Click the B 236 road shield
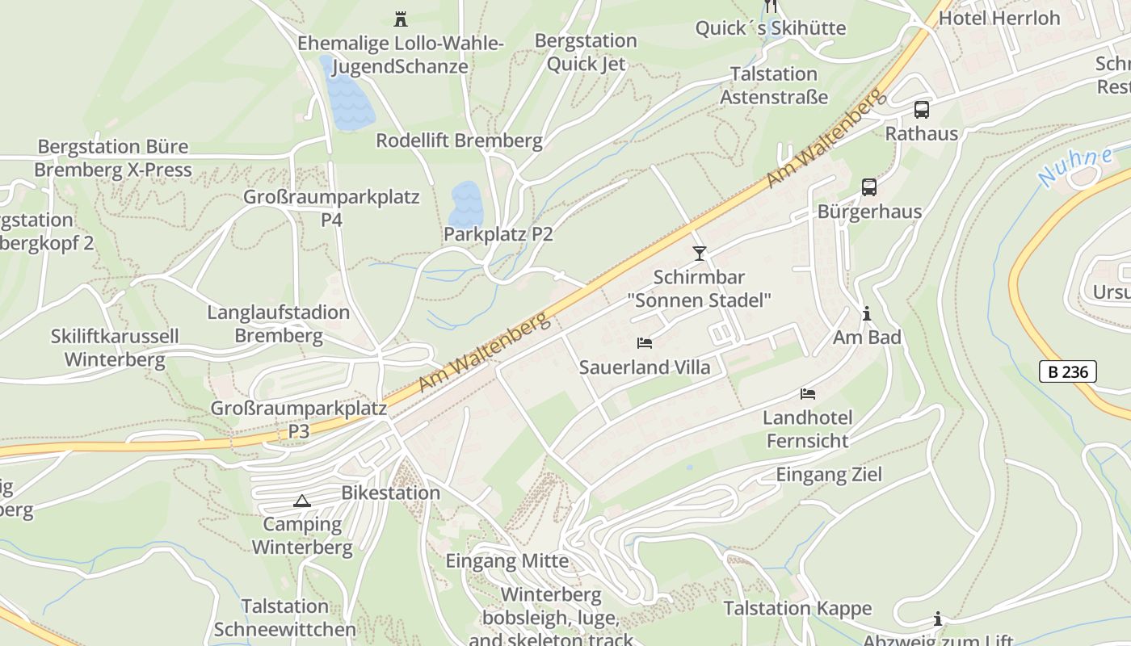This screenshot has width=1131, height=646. [x=1067, y=371]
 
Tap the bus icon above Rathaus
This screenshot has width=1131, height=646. [x=922, y=110]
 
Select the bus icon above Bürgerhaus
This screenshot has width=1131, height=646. [x=869, y=187]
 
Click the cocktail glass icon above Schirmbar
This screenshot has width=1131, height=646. [x=700, y=254]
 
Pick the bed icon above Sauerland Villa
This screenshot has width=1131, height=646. [x=645, y=343]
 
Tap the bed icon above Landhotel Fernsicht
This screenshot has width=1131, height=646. [x=808, y=394]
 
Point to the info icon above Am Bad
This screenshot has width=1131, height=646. [x=867, y=313]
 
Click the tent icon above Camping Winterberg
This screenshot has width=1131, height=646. [x=302, y=501]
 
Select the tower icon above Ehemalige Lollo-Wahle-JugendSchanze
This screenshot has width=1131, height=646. [x=400, y=19]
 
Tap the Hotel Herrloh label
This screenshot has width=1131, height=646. [x=1000, y=18]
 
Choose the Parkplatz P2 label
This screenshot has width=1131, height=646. [x=498, y=234]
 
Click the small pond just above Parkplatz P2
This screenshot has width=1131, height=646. [x=466, y=203]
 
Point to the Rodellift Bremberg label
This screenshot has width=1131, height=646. [x=459, y=141]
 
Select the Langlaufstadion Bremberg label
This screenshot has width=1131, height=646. [x=279, y=324]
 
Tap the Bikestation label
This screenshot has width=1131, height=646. [x=390, y=493]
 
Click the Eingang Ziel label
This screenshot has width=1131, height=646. [x=829, y=474]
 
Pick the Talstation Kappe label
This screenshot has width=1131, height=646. [x=797, y=608]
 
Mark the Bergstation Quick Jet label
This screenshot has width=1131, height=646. [x=586, y=52]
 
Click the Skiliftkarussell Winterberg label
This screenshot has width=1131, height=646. [x=115, y=348]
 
